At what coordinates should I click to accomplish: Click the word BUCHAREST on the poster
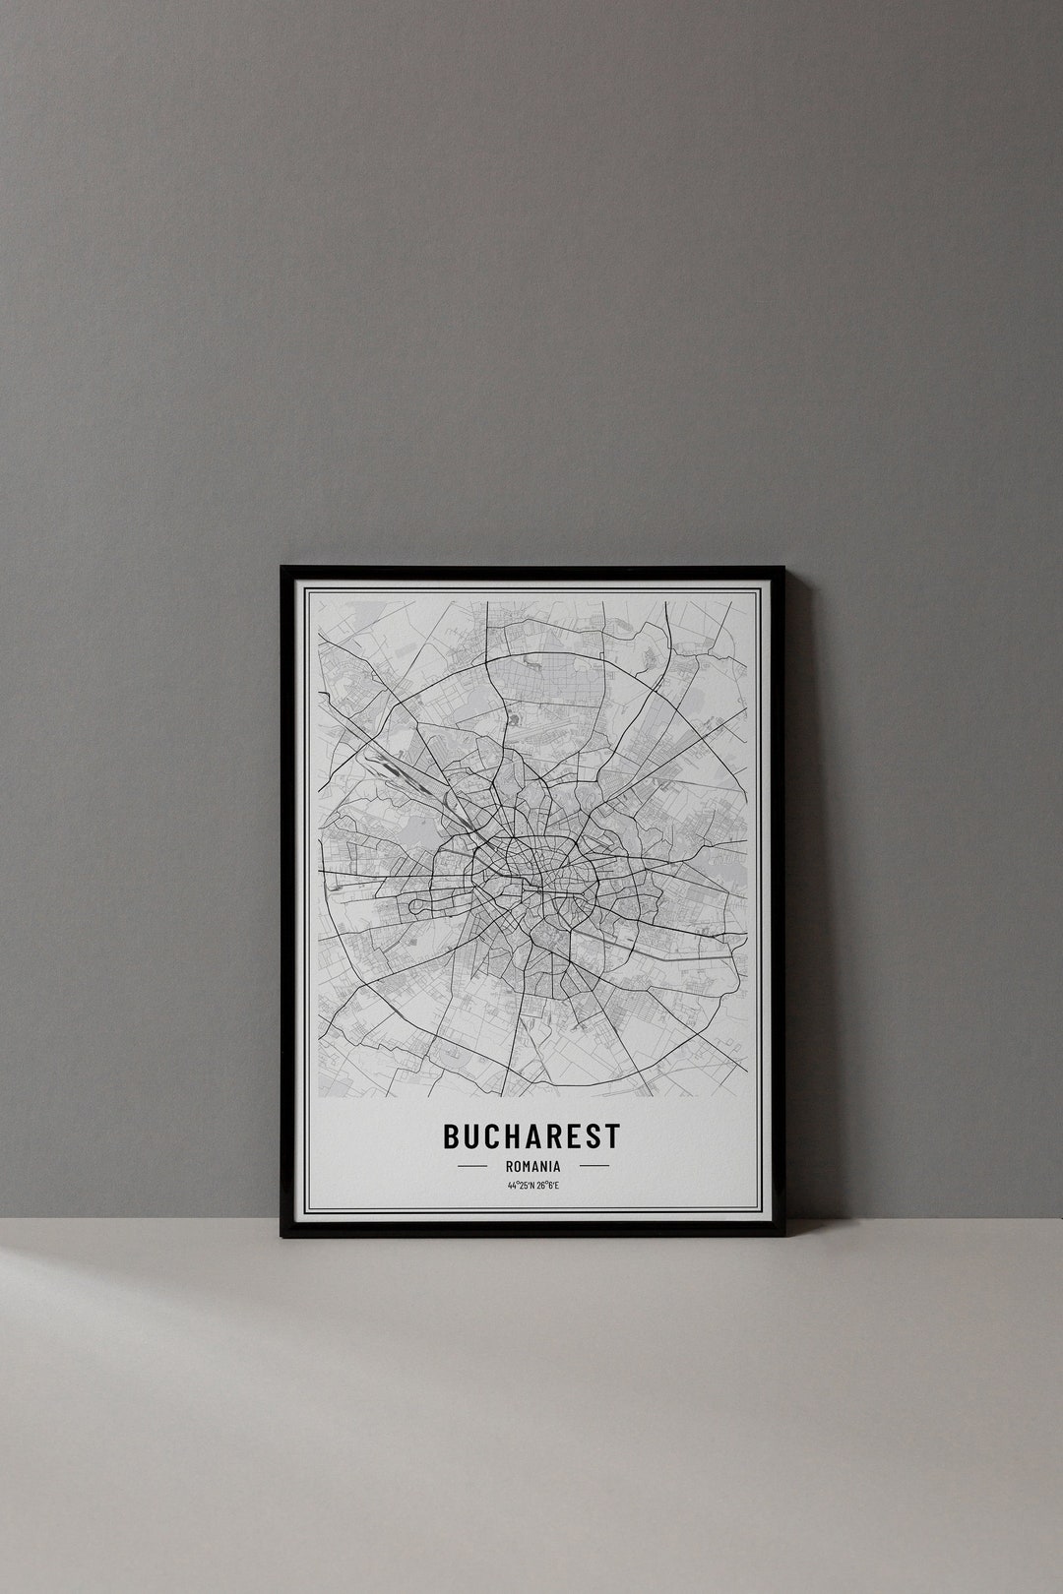click(531, 1135)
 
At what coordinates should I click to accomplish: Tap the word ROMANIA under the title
click(532, 1166)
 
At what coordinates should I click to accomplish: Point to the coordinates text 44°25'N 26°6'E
click(532, 1186)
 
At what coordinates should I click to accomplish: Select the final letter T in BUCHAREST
click(613, 1135)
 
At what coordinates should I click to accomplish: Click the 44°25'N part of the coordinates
click(520, 1186)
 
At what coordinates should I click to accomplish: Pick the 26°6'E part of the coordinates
click(546, 1186)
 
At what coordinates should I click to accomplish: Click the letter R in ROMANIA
click(508, 1166)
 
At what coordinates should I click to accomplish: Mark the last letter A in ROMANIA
click(557, 1166)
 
